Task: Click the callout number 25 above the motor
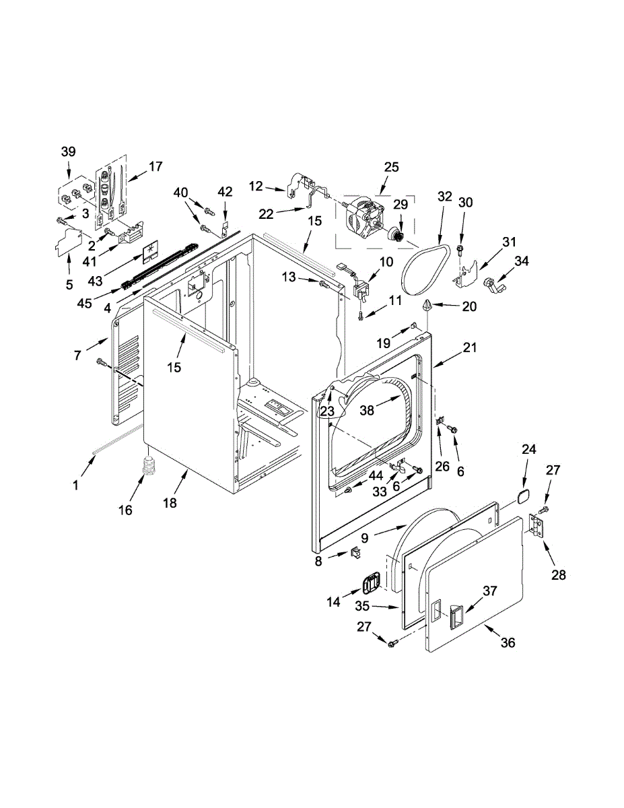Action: coord(391,166)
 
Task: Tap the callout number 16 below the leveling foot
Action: coord(126,510)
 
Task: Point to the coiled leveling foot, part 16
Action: coord(148,467)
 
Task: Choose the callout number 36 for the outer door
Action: coord(508,643)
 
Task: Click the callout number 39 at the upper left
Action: coord(69,151)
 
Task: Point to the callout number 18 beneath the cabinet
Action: coord(170,503)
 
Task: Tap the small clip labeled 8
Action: coord(353,553)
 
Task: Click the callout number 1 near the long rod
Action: coord(75,484)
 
